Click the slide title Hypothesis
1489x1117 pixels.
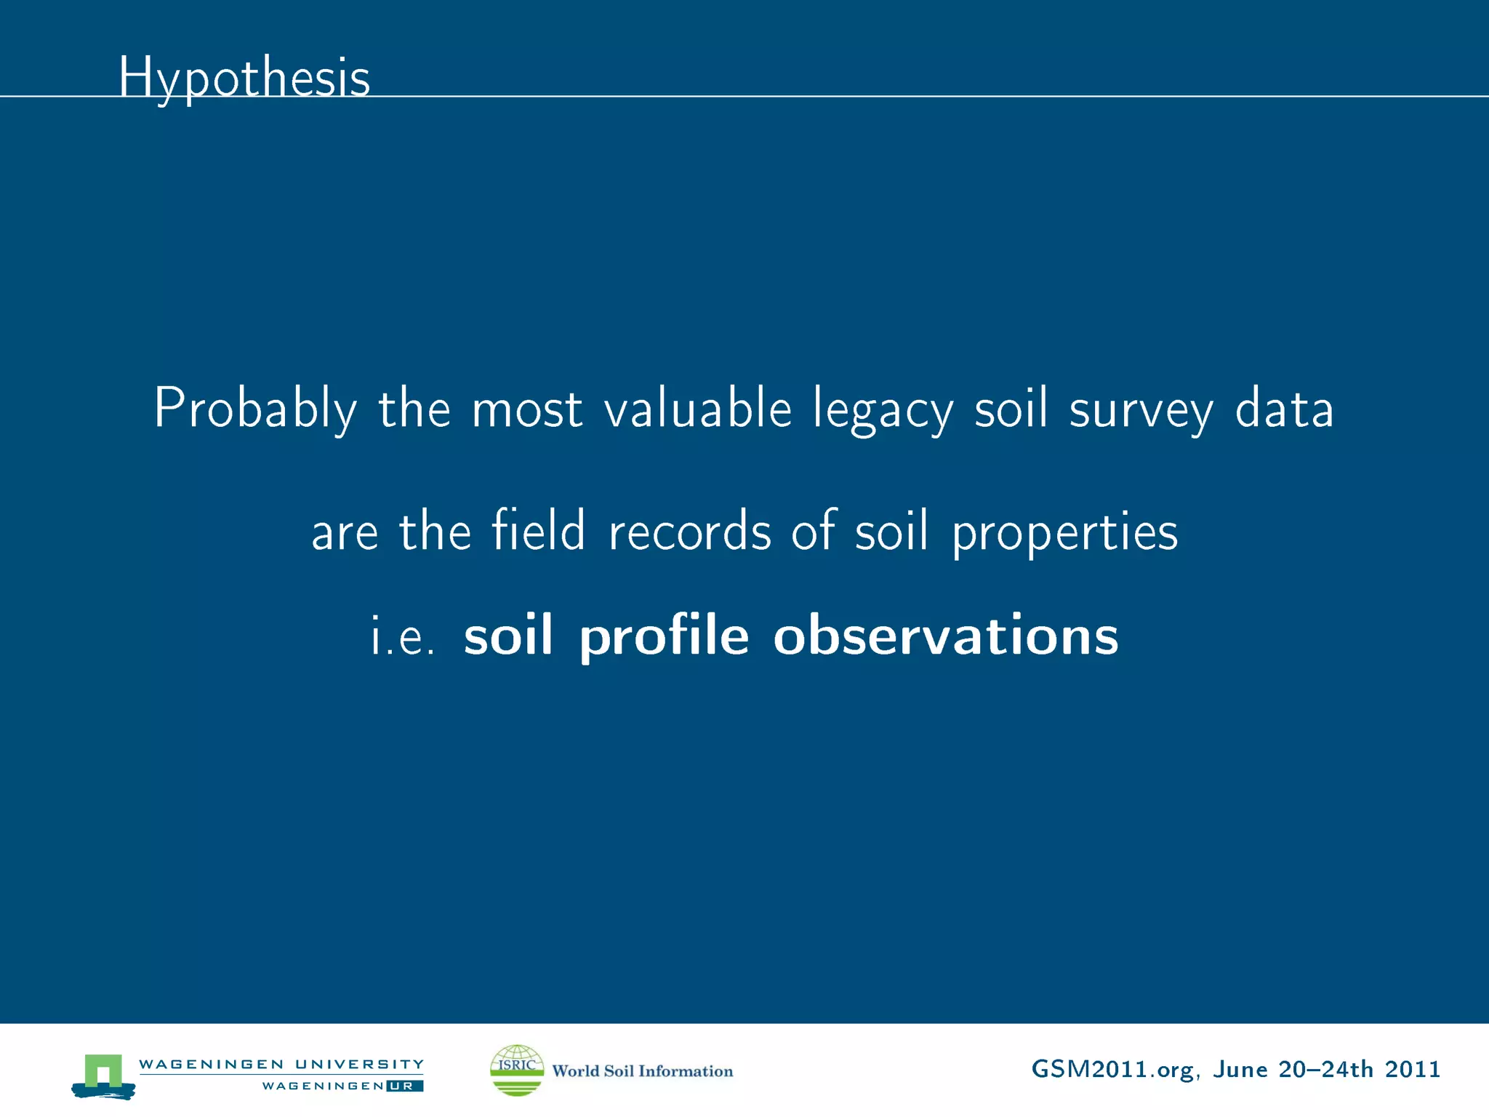click(244, 77)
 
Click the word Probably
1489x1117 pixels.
click(255, 409)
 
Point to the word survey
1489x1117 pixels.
click(1141, 409)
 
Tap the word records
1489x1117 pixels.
click(689, 531)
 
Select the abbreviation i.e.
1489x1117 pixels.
click(403, 636)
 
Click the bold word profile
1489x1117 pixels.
click(664, 636)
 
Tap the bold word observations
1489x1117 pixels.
click(945, 634)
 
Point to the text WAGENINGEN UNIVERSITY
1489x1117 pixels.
click(281, 1064)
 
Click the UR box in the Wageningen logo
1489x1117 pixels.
click(404, 1086)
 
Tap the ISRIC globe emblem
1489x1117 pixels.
click(517, 1070)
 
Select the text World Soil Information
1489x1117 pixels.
click(642, 1070)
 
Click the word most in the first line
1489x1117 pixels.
click(526, 409)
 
